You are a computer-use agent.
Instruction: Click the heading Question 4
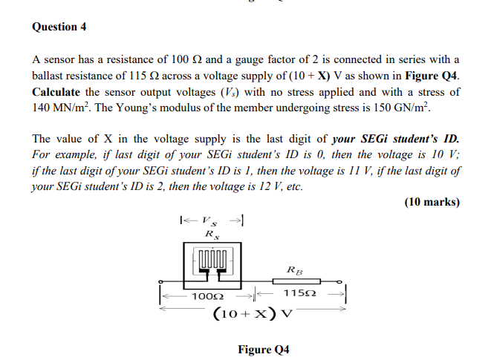pos(59,27)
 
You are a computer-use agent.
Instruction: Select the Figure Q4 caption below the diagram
pos(264,348)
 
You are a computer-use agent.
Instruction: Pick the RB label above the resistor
pos(294,269)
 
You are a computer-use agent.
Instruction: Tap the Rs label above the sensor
pos(211,235)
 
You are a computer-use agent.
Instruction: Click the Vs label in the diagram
pos(212,220)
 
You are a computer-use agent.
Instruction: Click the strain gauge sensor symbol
pos(212,264)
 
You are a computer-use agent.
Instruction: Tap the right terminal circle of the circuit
pos(340,282)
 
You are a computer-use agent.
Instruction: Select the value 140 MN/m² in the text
pos(63,108)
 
